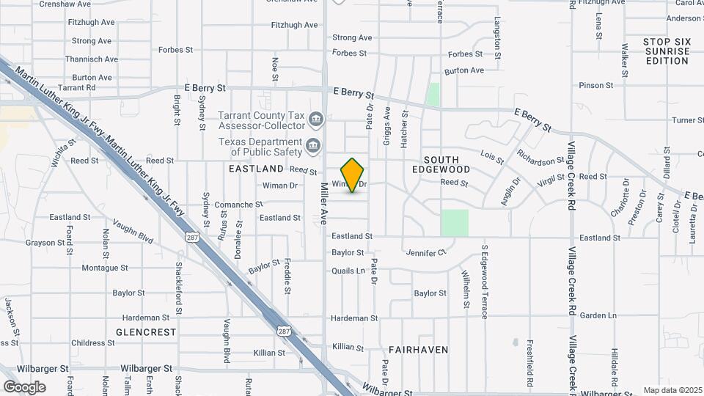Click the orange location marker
coord(353,175)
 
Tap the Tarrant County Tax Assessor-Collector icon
coord(316,118)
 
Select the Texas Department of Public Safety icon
coord(314,144)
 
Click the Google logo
coord(25,386)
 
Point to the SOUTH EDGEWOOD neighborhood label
coord(441,164)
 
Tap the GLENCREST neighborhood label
coord(146,332)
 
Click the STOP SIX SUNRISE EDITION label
coord(667,51)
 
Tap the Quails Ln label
coord(348,271)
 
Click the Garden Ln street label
coord(598,315)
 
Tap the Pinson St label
coord(595,85)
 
